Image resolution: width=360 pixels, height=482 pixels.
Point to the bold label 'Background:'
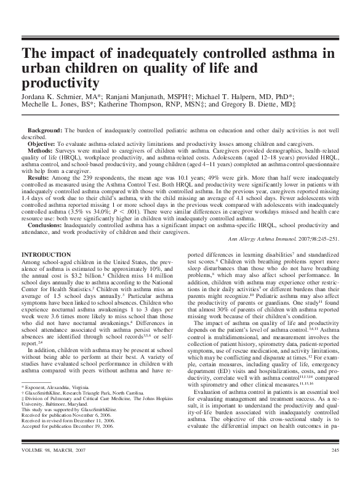(x=45, y=131)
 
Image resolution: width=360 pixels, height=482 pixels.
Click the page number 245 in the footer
(x=335, y=469)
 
